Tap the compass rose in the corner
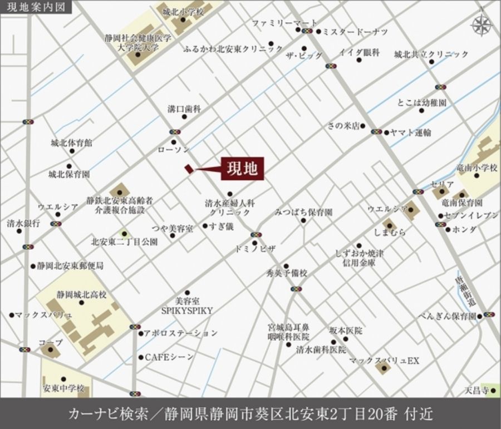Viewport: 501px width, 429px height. click(481, 24)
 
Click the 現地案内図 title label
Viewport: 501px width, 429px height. click(33, 8)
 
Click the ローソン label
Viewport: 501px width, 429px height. click(174, 150)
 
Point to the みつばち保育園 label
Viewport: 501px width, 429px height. click(303, 212)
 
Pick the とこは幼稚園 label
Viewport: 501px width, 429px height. click(422, 103)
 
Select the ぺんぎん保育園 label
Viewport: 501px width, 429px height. click(448, 316)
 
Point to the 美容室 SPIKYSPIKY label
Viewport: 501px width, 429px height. click(186, 305)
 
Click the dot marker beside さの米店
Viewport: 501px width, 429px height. click(362, 126)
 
